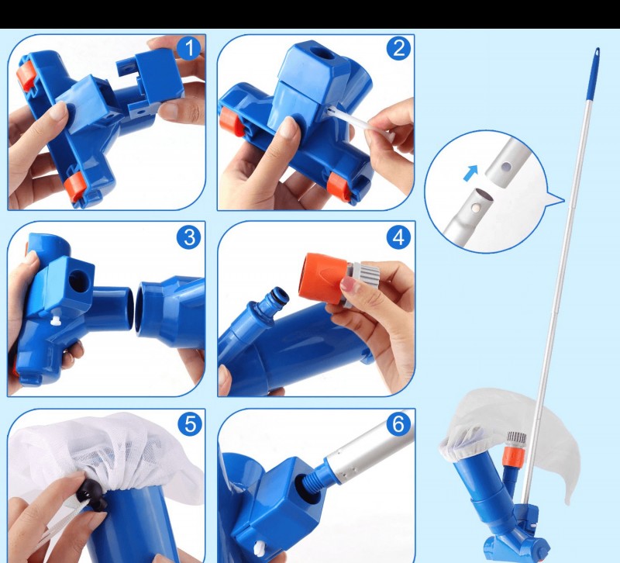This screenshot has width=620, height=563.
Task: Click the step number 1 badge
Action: pos(189,48)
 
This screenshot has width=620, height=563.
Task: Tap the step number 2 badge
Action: pos(398,48)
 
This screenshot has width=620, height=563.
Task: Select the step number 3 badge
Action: pos(189,237)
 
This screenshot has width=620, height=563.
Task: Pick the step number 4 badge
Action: pos(398,237)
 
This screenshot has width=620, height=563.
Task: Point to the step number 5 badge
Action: pos(190,423)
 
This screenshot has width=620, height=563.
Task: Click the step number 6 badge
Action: pos(398,423)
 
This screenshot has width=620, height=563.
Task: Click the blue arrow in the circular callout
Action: pos(470,173)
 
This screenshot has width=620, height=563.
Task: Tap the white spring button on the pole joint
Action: pos(477,207)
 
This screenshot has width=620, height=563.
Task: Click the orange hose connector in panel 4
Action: pos(323,278)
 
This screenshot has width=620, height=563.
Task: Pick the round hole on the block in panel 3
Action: pos(77,281)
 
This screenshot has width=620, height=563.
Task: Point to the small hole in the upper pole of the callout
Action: pos(505,167)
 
